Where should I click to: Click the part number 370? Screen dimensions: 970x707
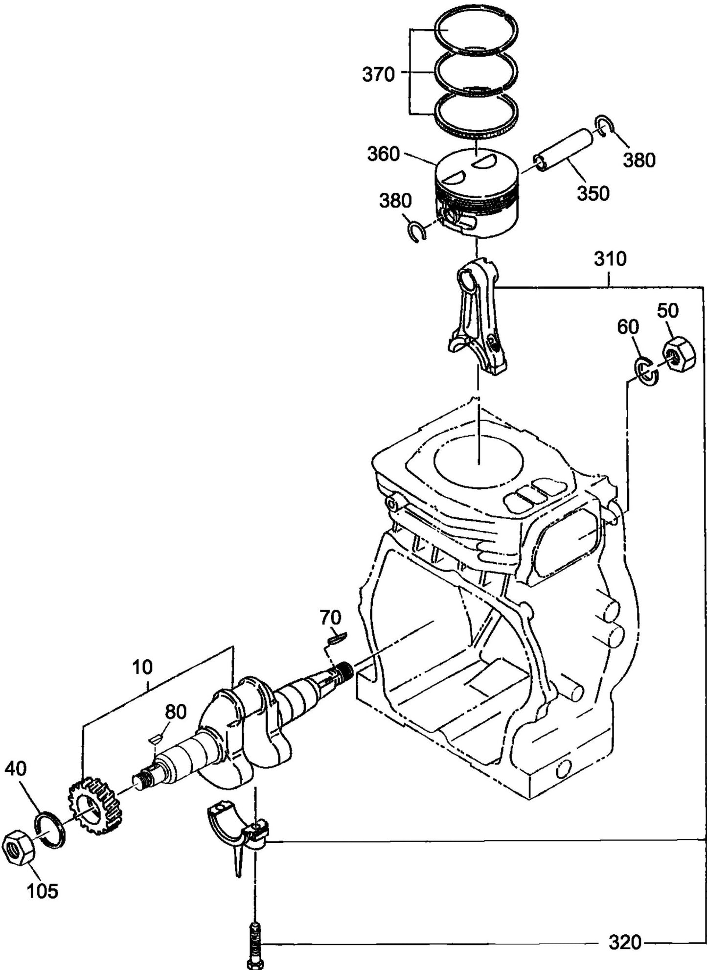click(378, 75)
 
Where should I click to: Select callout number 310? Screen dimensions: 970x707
click(610, 259)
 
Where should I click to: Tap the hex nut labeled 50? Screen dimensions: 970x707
click(678, 355)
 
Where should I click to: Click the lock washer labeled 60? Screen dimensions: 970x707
click(646, 370)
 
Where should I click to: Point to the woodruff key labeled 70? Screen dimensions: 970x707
click(337, 637)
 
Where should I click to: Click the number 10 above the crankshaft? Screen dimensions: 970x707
click(142, 667)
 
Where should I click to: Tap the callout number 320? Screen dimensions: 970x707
click(624, 942)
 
